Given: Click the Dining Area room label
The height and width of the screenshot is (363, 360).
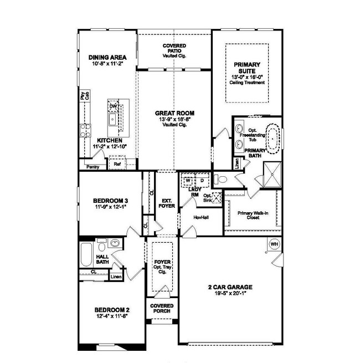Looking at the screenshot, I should [108, 57].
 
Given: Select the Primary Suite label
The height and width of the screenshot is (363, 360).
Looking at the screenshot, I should [246, 67].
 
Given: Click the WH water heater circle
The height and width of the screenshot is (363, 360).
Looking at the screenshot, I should [274, 243].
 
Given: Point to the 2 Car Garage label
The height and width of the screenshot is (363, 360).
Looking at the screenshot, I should [230, 287].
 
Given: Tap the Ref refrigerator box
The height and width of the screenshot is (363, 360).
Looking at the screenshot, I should [117, 164].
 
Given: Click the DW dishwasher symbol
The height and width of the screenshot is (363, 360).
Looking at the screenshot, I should [113, 106].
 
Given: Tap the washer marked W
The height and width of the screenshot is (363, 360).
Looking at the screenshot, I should [188, 180].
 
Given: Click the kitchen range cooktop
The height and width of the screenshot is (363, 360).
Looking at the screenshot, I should [85, 131].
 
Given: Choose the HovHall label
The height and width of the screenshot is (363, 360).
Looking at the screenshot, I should [200, 216].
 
